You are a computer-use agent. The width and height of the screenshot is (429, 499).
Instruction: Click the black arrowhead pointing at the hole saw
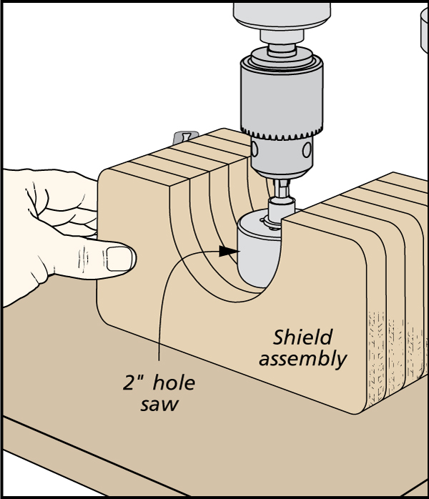228,252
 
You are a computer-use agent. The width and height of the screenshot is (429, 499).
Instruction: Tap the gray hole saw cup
259,254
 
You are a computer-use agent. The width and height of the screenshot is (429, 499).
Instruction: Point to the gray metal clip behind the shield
184,137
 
